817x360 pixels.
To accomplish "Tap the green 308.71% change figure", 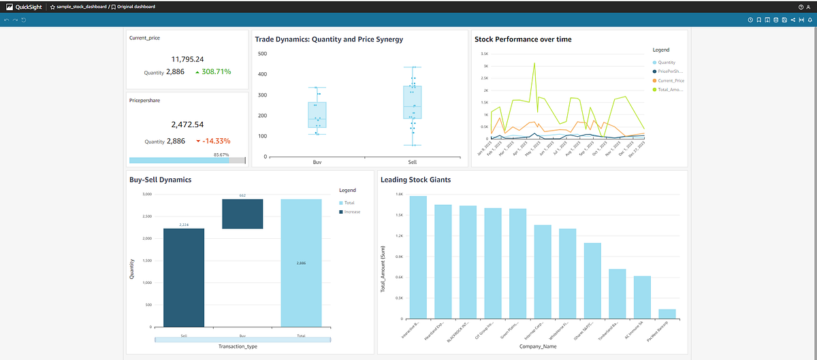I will [212, 71].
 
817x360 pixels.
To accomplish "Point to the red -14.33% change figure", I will [212, 141].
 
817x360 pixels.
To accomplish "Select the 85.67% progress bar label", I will [221, 154].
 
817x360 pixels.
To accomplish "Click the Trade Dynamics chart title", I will [329, 39].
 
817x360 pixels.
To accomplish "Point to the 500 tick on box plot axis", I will [262, 53].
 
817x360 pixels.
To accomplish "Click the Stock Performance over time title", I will [522, 39].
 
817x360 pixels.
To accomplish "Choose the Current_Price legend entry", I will [670, 80].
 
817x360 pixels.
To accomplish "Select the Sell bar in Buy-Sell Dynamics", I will [184, 277].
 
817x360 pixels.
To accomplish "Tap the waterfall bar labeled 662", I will [242, 214].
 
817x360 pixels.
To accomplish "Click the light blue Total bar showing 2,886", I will [300, 263].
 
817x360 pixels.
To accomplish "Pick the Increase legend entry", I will [352, 212].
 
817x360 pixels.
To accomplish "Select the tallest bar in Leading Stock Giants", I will [418, 257].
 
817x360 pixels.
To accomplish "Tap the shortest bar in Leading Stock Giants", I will [667, 314].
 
